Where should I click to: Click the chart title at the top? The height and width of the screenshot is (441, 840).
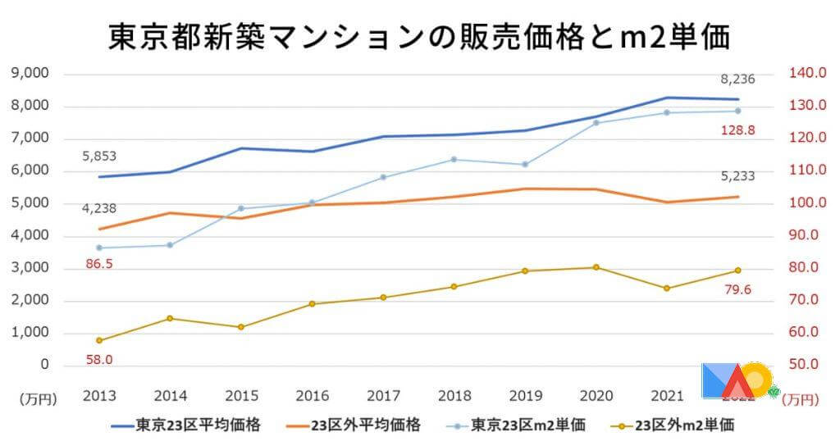coord(419,37)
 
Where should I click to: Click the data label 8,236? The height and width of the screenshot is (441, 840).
coord(737,80)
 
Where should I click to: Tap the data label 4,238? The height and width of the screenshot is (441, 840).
coord(99,209)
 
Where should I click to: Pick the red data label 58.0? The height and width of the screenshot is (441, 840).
coord(99,359)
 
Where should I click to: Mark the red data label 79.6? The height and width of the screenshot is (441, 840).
coord(737,289)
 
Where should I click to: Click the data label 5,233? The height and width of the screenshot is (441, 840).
coord(737,175)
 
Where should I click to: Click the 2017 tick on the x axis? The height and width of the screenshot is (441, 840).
coord(383,396)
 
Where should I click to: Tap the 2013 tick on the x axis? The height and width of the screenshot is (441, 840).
coord(99,396)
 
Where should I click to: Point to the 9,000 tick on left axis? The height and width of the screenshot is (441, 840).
coord(30,74)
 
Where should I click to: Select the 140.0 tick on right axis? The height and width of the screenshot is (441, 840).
coord(806,74)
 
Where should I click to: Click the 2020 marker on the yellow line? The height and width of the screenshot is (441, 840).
coord(596,267)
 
